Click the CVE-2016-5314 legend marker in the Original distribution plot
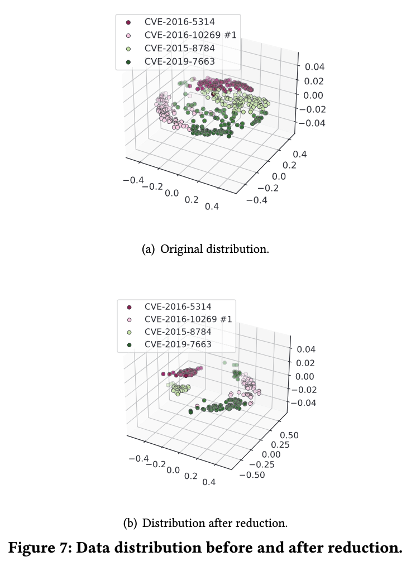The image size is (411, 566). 128,22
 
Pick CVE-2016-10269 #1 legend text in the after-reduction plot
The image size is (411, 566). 188,319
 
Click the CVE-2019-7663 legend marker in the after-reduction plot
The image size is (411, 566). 128,344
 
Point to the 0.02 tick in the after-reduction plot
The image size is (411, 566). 307,363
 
